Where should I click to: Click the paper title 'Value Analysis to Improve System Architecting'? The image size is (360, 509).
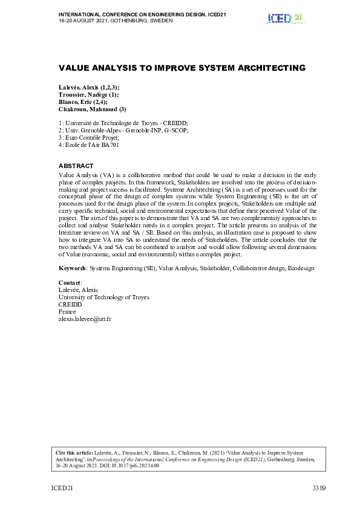tap(182, 68)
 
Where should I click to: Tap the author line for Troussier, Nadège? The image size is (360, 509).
tap(88, 96)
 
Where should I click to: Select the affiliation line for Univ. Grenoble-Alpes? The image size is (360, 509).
tap(124, 130)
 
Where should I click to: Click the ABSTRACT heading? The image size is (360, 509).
tap(76, 166)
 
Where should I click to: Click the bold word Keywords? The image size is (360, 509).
tap(72, 268)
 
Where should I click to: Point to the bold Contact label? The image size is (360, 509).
tap(70, 283)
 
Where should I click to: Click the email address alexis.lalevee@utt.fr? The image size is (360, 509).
tap(85, 319)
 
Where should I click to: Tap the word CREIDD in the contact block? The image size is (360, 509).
tap(70, 304)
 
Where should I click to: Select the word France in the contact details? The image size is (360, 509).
tap(67, 311)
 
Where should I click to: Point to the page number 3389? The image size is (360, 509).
tap(319, 487)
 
